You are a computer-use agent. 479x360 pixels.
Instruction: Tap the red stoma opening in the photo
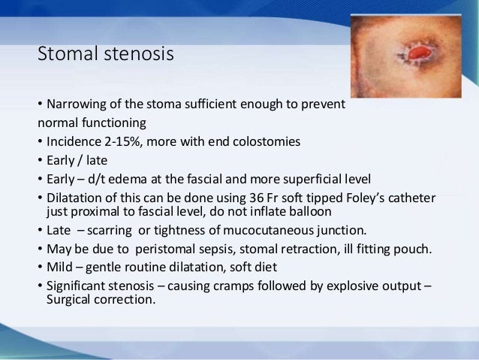coord(417,55)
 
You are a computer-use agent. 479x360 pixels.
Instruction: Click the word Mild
coord(59,267)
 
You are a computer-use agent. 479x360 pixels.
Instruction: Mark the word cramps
coord(232,286)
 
